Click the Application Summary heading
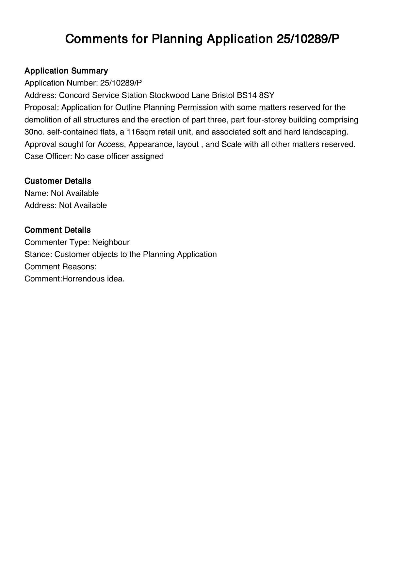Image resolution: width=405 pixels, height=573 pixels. pyautogui.click(x=66, y=71)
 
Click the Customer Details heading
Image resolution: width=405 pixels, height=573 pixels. pyautogui.click(x=58, y=181)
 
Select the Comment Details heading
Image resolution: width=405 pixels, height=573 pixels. pyautogui.click(x=57, y=230)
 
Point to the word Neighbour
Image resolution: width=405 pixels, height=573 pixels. pyautogui.click(x=111, y=242)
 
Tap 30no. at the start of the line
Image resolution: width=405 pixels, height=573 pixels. pyautogui.click(x=35, y=132)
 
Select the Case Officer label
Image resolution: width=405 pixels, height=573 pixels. pyautogui.click(x=48, y=156)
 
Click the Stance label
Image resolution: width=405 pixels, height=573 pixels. pyautogui.click(x=38, y=254)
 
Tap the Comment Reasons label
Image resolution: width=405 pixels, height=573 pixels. pyautogui.click(x=60, y=267)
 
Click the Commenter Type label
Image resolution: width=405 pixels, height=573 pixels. pyautogui.click(x=57, y=242)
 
